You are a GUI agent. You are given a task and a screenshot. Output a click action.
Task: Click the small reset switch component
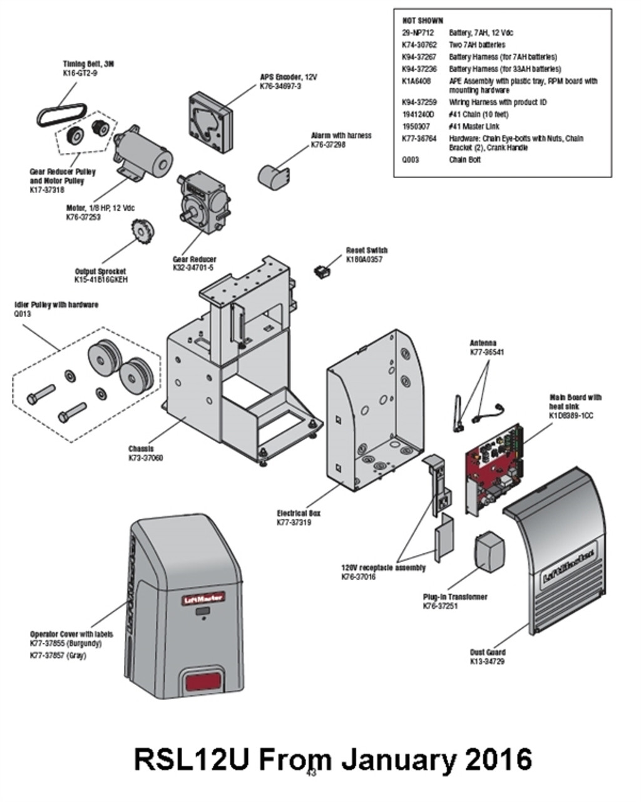pos(322,271)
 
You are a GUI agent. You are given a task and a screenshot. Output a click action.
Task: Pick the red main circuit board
pos(494,470)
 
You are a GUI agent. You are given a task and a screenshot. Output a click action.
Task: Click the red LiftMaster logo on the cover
pos(203,598)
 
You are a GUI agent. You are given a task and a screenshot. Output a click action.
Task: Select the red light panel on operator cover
pos(201,682)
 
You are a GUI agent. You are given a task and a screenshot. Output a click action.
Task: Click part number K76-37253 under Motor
pos(83,217)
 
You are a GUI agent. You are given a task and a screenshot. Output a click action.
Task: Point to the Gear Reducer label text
pos(194,259)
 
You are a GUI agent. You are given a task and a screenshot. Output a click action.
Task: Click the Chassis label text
pos(141,449)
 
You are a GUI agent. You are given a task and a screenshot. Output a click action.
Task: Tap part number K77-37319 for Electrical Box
pos(294,522)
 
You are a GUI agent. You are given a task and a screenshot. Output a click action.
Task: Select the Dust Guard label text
pos(488,652)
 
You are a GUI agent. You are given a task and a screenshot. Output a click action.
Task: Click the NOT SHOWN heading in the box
pos(423,21)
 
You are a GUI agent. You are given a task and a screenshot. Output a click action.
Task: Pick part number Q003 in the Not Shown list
pos(411,160)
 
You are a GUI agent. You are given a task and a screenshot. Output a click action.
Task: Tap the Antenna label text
pos(483,343)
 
